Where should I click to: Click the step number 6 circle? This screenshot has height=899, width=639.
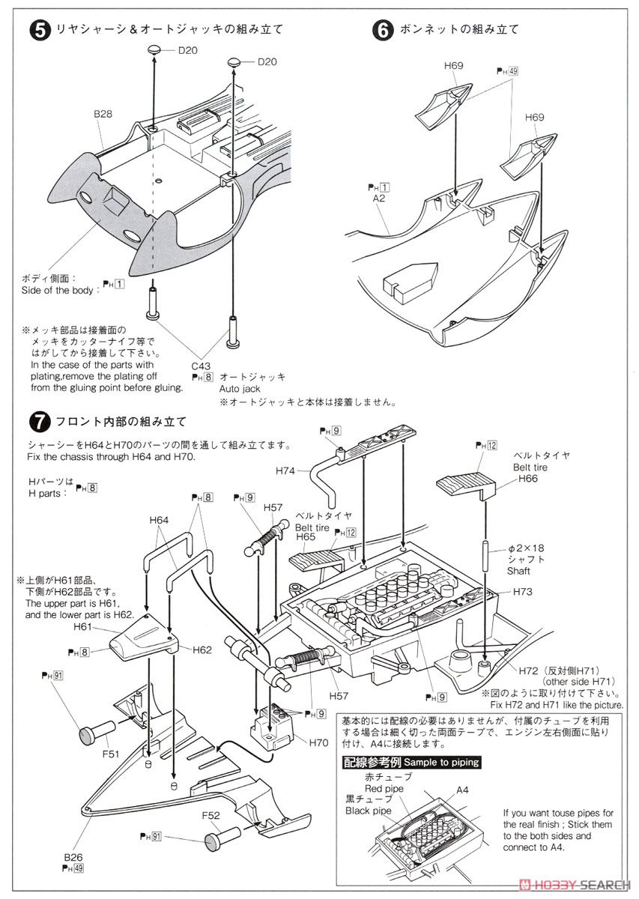tap(382, 30)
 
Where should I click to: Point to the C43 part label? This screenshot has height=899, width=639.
tap(201, 366)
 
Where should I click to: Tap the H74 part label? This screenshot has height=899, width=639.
tap(285, 470)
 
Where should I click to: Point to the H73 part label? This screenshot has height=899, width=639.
tap(524, 592)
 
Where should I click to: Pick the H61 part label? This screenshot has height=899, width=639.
tap(83, 626)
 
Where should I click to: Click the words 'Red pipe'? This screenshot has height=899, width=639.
tap(384, 789)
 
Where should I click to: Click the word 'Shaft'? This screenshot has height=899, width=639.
tap(519, 570)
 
